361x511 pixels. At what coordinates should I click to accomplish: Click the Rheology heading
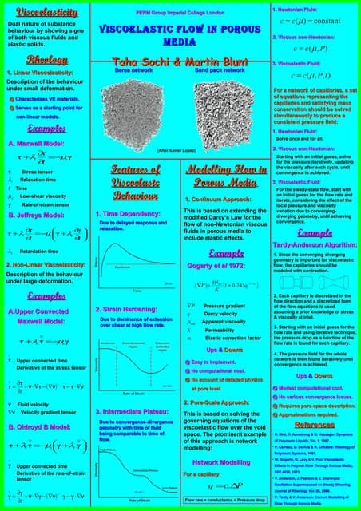pos(41,61)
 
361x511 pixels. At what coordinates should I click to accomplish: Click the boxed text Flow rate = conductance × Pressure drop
pos(223,500)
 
